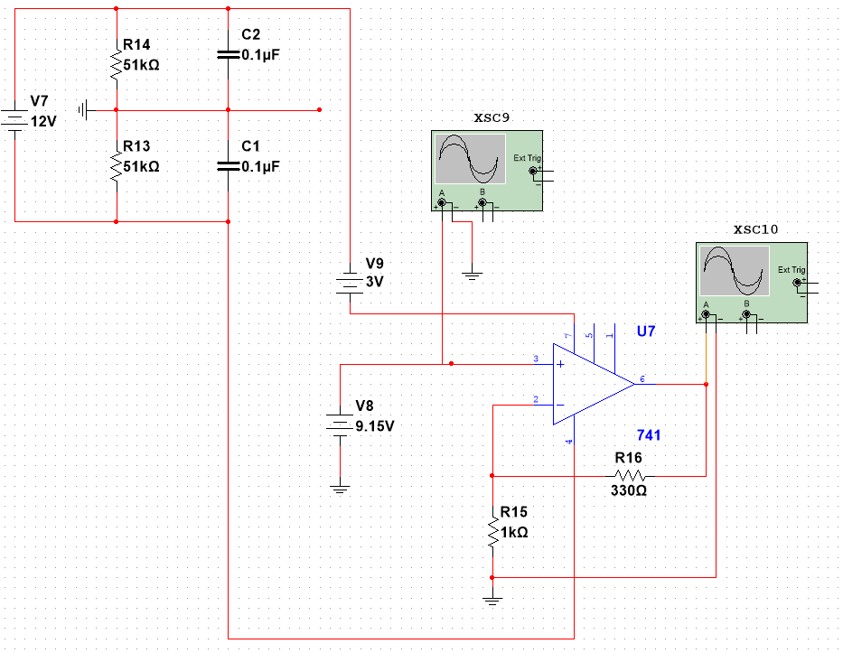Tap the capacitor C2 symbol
228,54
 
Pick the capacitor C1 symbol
228,166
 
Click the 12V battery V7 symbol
15,120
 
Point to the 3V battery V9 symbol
349,282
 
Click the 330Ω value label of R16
629,491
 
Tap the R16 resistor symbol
630,475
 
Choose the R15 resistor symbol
492,531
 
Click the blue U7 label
646,331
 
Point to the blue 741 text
649,435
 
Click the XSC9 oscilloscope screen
470,159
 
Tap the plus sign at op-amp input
560,364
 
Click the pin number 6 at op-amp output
641,378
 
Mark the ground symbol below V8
339,489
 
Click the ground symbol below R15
492,599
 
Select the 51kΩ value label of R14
141,65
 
